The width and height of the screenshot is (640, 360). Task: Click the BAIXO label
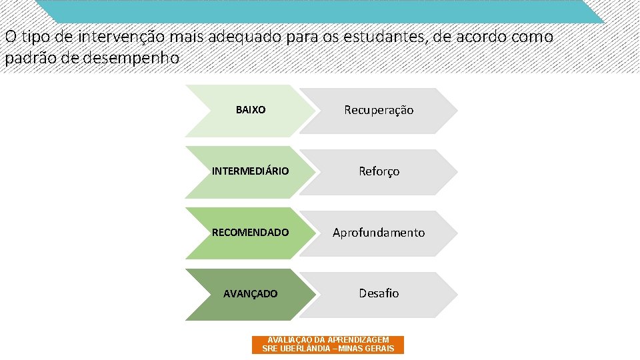click(251, 110)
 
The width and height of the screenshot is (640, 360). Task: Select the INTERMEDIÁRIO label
click(250, 171)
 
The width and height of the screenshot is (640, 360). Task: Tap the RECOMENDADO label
click(250, 233)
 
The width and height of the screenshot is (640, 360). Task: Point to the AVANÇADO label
click(250, 294)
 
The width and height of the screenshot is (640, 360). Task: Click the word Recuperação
click(379, 110)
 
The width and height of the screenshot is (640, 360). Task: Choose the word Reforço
click(379, 171)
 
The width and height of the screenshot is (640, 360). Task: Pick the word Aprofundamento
click(379, 233)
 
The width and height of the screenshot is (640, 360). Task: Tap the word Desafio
click(379, 293)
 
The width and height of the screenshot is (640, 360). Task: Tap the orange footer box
click(328, 345)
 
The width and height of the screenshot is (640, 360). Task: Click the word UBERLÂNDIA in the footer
click(305, 349)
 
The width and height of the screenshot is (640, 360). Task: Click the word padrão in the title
click(25, 58)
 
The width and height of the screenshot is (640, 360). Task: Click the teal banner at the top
click(320, 11)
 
